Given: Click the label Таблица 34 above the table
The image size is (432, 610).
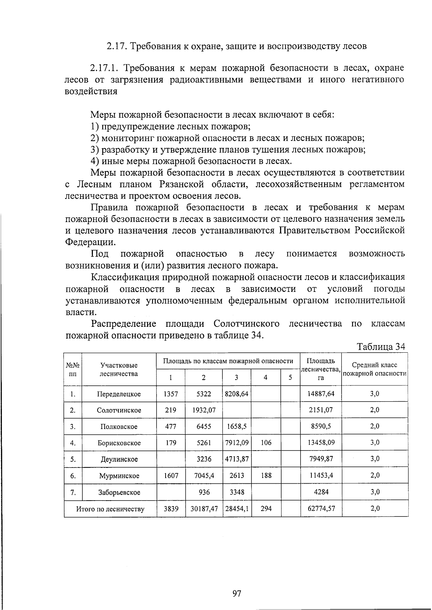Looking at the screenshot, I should click(x=381, y=347).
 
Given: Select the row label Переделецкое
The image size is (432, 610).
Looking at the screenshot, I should click(x=119, y=394).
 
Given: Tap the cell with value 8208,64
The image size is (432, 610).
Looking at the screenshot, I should click(x=237, y=394).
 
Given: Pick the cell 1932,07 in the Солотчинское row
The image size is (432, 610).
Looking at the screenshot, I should click(x=204, y=410).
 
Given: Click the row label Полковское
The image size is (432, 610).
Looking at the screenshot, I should click(x=119, y=427).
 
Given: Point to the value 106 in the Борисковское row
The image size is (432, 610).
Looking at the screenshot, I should click(x=266, y=443).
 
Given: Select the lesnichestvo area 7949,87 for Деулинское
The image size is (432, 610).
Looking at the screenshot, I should click(x=321, y=459).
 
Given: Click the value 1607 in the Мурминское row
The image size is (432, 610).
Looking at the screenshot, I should click(x=171, y=476).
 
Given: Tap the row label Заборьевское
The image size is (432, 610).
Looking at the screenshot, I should click(x=119, y=492).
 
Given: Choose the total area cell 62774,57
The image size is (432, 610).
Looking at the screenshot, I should click(x=321, y=509).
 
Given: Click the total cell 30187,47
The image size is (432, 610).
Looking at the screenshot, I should click(x=204, y=509).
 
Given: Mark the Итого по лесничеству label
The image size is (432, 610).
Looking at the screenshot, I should click(x=110, y=509).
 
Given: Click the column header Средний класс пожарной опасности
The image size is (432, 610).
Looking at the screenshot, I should click(x=374, y=369).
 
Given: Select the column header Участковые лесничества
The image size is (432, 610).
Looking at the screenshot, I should click(x=119, y=370).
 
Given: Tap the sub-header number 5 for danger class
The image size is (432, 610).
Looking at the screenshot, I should click(x=290, y=378).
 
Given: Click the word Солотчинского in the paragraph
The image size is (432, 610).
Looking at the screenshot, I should click(x=247, y=324).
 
